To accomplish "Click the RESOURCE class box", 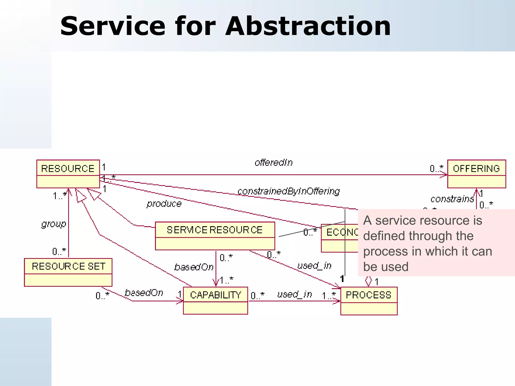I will coord(68,174).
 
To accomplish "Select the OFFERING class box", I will coord(476,174).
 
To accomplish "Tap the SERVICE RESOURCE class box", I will coord(215,236).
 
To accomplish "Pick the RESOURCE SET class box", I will coord(68,272).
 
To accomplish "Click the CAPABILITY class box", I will coord(216,301).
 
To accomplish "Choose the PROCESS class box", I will coord(369,301).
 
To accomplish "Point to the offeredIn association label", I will coord(274,163).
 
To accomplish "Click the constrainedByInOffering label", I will coord(288,191).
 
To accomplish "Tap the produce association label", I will coord(164,204).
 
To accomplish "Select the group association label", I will coord(54,224).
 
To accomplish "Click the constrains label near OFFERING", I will coord(452,199).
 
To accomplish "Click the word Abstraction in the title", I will coord(308,26).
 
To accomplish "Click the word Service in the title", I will coord(113,26).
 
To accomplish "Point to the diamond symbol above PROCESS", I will coord(368,281).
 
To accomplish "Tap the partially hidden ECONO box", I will coord(339,238).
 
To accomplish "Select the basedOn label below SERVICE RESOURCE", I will coord(194,267).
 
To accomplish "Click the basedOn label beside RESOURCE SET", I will coord(144,293).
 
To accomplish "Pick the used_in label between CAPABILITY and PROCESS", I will coord(294,294).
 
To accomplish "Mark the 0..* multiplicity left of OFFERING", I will coord(436,168).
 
